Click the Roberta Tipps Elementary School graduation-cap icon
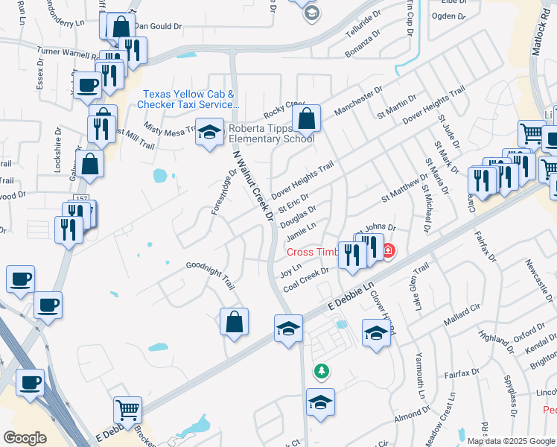209,133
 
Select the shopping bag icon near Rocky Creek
305,118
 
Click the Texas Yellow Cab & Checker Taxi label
188,99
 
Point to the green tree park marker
322,370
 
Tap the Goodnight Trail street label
211,274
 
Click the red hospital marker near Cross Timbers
388,252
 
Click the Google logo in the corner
25,438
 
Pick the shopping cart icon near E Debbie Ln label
127,410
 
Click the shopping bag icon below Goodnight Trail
234,322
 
